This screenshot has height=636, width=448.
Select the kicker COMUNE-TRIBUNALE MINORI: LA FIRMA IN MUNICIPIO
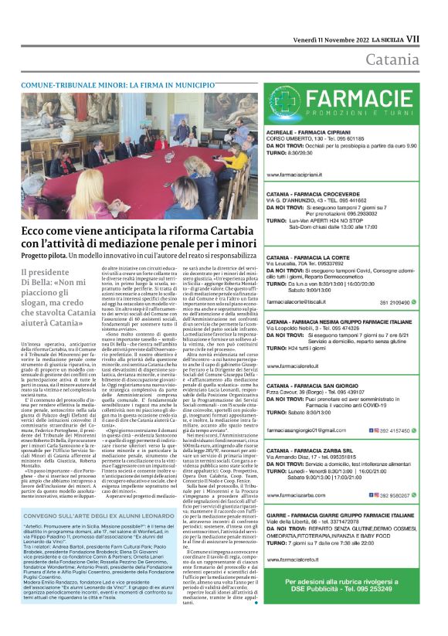click(118, 83)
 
